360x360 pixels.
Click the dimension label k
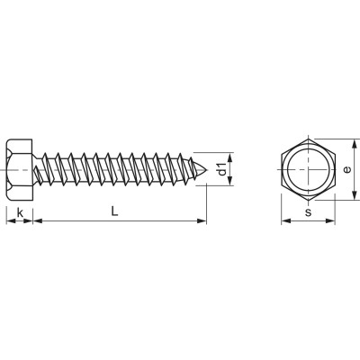20,213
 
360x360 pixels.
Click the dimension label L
114,211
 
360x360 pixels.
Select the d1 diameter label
221,169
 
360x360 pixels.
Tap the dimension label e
346,169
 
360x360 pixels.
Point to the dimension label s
308,212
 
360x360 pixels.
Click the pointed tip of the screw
207,170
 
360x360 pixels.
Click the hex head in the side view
20,170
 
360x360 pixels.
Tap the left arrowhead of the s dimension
285,221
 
